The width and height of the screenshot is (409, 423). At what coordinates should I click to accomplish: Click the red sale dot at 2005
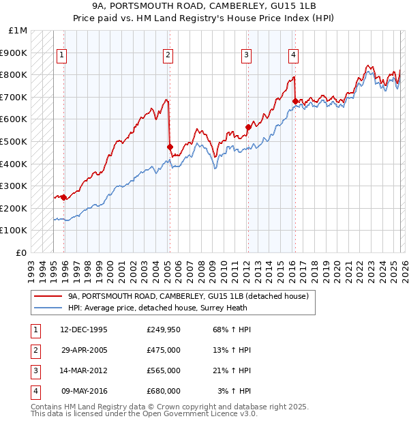[170, 147]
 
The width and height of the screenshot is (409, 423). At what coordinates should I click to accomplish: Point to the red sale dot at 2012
[248, 127]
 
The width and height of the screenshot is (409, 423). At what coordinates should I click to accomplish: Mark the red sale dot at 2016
[295, 101]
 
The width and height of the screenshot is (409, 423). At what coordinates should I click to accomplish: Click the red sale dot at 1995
[64, 197]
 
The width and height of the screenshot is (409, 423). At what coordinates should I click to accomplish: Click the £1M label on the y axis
[18, 31]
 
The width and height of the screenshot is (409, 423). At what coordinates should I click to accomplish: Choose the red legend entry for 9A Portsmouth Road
[188, 296]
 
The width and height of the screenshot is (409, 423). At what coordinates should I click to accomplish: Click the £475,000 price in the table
[163, 351]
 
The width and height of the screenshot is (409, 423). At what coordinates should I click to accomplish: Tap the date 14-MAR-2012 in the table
[84, 370]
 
